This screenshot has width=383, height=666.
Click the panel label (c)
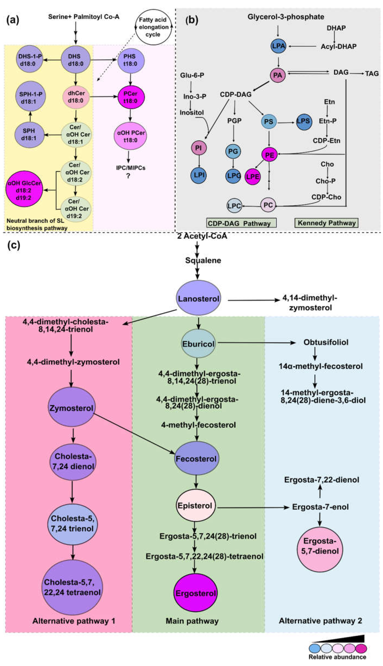13,245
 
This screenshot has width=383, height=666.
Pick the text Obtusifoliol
326,342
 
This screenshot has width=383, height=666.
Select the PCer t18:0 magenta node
131,97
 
